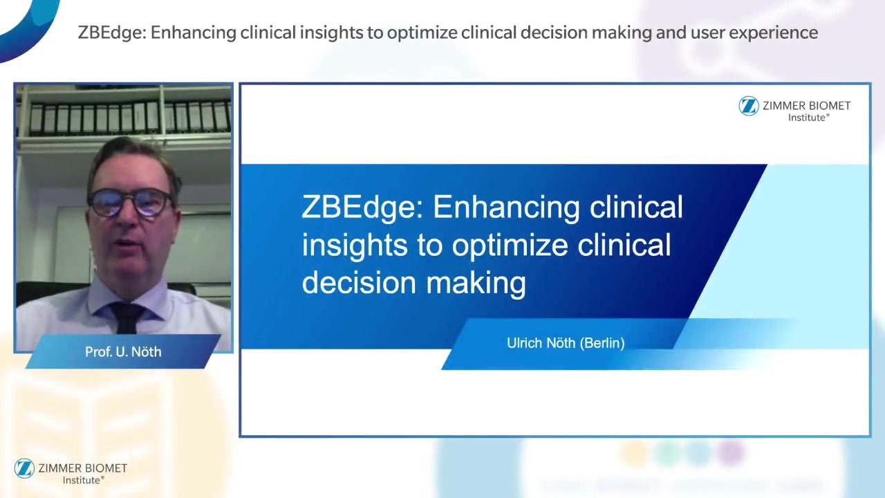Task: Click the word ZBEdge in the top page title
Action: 112,33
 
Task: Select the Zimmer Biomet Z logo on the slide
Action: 749,106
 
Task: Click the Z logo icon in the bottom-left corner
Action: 24,468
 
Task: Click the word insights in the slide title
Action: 355,246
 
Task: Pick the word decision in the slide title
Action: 359,283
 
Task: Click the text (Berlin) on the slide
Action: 602,343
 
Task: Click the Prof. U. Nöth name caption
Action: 123,352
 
